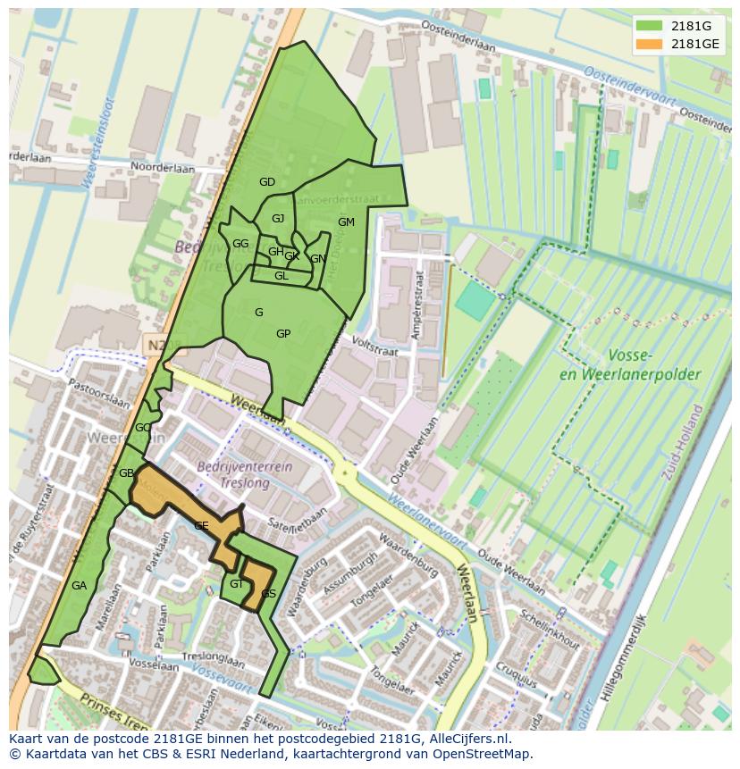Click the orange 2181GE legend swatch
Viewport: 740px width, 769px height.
tap(650, 43)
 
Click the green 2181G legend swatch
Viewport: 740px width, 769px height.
tap(650, 26)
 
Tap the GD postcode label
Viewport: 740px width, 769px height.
tap(267, 182)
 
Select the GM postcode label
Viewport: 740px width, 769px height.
tap(346, 222)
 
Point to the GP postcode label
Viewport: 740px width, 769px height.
tap(283, 334)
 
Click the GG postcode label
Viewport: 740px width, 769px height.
tap(240, 244)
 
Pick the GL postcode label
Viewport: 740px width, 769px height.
tap(282, 276)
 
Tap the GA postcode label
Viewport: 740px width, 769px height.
tap(79, 586)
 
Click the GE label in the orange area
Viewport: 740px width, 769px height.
tap(202, 526)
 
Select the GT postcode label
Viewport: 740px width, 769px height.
tap(236, 584)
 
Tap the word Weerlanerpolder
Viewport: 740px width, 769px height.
tap(629, 375)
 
